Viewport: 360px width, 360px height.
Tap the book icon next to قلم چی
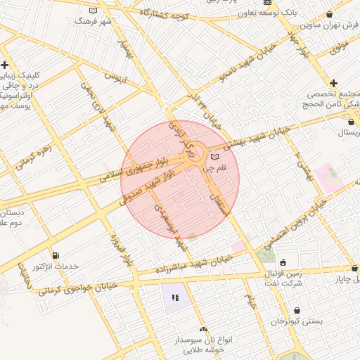point(214,157)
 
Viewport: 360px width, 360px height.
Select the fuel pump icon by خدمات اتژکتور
point(56,255)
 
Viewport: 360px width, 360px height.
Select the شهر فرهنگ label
point(95,22)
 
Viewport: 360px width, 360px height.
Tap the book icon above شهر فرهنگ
point(95,11)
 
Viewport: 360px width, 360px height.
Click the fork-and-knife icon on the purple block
point(175,298)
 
